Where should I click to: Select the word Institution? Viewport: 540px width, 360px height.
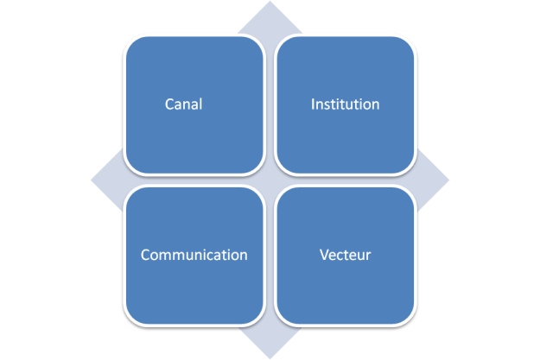tap(345, 104)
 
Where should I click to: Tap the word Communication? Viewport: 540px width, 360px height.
tap(194, 256)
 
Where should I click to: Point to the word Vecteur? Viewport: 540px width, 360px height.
tap(345, 256)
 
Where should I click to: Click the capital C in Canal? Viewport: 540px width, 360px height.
tap(169, 104)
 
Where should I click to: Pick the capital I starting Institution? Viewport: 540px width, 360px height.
tap(313, 104)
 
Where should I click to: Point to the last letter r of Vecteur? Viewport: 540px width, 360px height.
tap(369, 256)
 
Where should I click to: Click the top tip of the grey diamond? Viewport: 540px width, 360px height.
tap(270, 3)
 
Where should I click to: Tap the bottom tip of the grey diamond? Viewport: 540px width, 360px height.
tap(270, 357)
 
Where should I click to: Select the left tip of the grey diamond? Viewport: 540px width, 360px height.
tap(92, 180)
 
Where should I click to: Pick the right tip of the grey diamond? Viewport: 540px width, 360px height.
tap(448, 180)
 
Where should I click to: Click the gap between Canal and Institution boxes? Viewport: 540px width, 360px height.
tap(270, 104)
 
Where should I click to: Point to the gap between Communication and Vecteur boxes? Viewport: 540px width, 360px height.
tap(270, 256)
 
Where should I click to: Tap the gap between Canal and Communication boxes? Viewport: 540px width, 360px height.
tap(194, 180)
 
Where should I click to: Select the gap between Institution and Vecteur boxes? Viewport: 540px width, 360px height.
tap(346, 180)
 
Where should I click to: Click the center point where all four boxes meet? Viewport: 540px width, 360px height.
tap(270, 180)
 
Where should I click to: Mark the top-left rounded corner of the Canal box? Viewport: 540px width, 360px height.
tap(130, 41)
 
